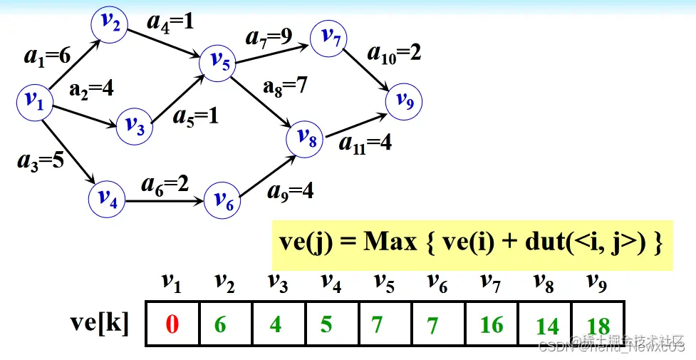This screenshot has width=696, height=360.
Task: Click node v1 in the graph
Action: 34,102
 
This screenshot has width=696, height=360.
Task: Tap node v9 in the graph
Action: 404,102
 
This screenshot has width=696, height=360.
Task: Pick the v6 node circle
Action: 222,201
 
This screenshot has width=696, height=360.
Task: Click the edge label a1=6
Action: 48,56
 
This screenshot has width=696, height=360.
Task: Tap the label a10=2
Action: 394,53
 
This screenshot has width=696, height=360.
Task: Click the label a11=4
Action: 365,143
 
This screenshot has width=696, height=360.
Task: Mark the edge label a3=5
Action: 41,160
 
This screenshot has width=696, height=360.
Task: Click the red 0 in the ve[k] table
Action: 172,325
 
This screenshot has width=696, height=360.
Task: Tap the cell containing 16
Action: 492,325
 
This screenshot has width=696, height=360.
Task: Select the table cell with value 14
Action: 547,326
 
